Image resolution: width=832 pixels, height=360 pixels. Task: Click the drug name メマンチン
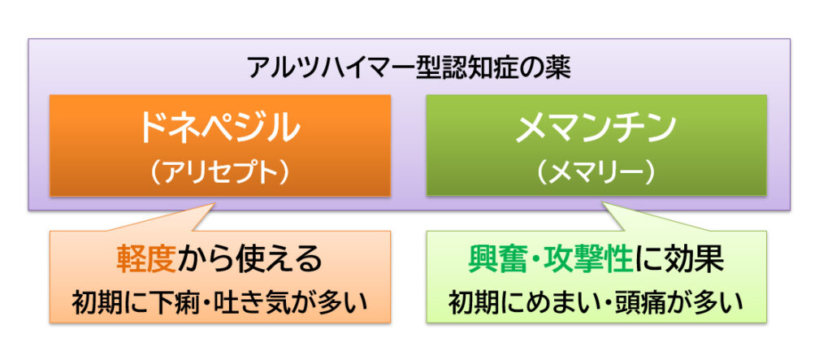(596, 128)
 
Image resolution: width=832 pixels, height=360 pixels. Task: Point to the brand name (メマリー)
(596, 172)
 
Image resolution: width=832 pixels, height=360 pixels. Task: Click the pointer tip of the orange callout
(215, 202)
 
